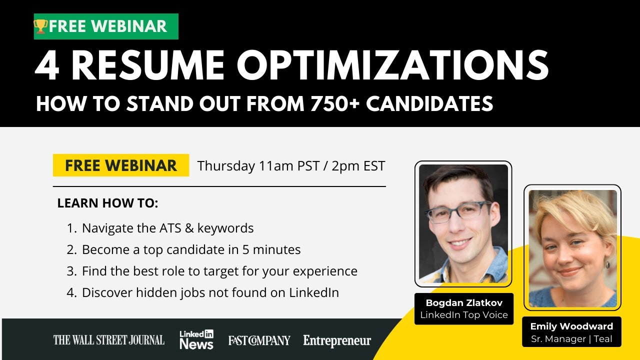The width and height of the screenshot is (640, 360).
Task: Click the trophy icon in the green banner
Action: [40, 26]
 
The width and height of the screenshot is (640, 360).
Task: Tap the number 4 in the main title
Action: [47, 65]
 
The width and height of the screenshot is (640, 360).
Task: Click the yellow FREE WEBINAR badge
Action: [121, 165]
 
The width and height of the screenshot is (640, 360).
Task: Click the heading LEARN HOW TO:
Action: [107, 203]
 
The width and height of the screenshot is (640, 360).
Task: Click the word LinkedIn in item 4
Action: [314, 292]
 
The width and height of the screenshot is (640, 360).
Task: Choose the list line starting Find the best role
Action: [219, 271]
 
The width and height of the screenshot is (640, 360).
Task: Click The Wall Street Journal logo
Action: [108, 340]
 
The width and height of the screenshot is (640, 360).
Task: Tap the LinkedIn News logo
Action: [196, 339]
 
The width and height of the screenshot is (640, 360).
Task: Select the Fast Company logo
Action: [259, 340]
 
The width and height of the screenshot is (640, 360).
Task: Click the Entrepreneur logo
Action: [337, 341]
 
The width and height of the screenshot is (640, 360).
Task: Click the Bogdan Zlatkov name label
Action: [464, 303]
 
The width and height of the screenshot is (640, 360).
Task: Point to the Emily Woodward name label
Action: [571, 326]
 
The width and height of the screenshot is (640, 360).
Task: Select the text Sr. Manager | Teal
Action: [571, 338]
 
